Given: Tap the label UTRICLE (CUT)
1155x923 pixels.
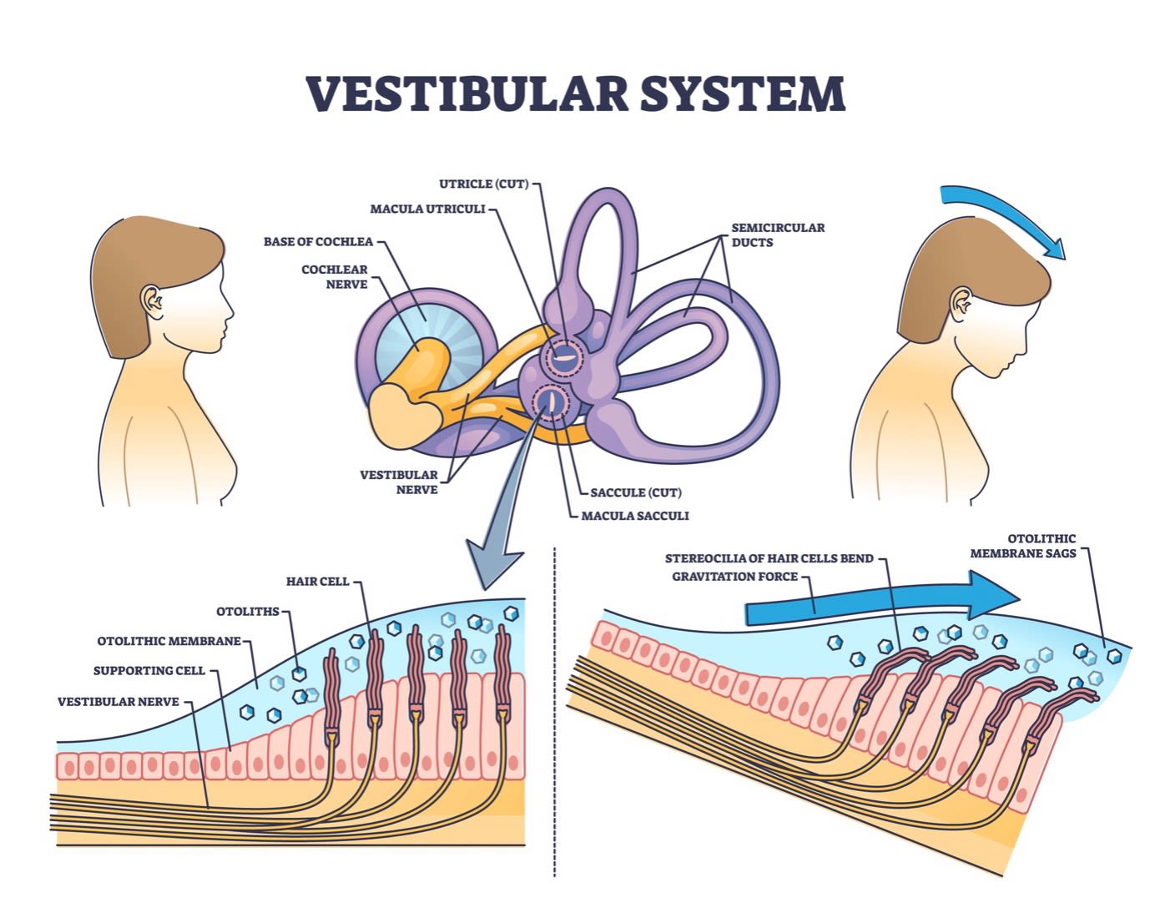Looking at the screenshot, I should [x=484, y=184].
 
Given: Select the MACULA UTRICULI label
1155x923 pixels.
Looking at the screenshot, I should [x=427, y=209].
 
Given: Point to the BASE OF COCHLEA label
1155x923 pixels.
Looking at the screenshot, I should [x=318, y=242].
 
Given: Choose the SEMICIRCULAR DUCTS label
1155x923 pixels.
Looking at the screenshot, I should [x=778, y=235].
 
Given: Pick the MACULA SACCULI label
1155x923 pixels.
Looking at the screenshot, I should [x=635, y=516].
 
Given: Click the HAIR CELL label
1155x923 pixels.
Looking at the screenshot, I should [x=317, y=581].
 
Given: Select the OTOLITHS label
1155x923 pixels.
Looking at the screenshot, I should [x=248, y=612].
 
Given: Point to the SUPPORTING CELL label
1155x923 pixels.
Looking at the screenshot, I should [x=149, y=670].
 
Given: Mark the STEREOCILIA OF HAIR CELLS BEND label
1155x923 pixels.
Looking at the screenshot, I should [x=769, y=558].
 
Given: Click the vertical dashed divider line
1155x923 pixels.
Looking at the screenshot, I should [x=555, y=709].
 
